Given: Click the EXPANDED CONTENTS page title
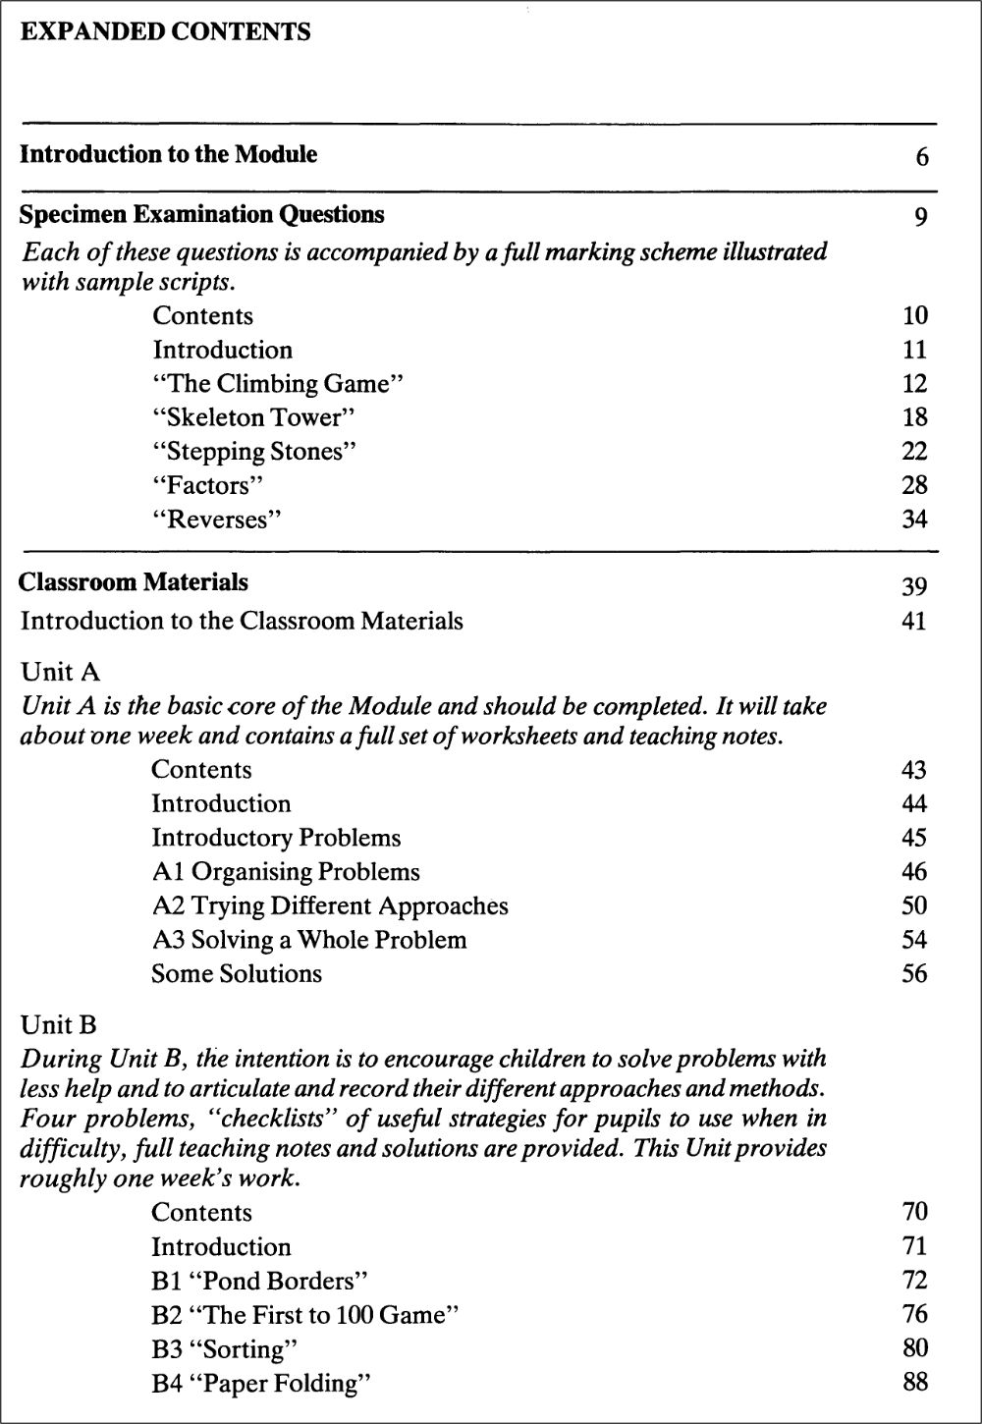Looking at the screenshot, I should point(165,32).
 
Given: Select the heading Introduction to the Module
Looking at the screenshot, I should point(168,154).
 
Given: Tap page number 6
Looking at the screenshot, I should point(921,157).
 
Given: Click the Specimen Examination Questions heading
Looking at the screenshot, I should point(201,214).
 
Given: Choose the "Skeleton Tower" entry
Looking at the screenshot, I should point(253,417).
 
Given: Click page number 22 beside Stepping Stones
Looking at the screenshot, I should point(914,452).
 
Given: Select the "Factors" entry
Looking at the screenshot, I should point(208,485).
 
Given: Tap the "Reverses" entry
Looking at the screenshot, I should point(217,520).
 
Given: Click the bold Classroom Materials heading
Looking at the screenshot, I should point(134,582).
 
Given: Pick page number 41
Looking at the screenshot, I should point(913,622).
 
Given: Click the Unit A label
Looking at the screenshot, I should point(60,673).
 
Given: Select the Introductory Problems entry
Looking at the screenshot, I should point(276,838).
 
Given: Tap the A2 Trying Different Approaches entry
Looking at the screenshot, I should point(330,905).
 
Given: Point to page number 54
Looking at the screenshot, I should point(913,940).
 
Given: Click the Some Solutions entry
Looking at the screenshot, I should point(236,974).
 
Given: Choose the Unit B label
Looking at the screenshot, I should point(59,1026).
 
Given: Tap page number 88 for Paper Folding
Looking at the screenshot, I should point(914,1383).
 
